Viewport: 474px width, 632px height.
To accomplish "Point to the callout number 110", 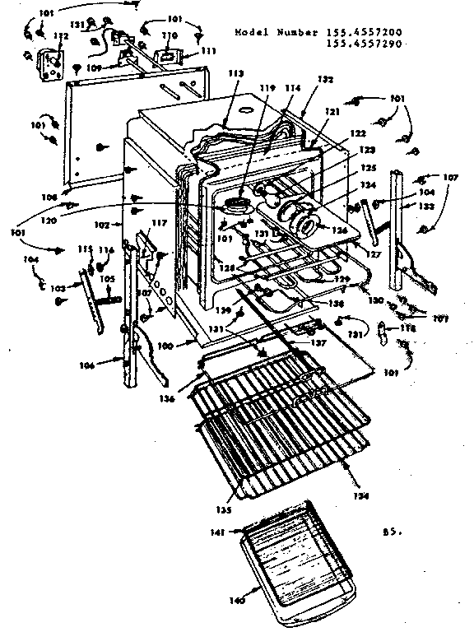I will point(169,35).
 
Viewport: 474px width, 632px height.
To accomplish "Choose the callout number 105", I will point(107,278).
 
